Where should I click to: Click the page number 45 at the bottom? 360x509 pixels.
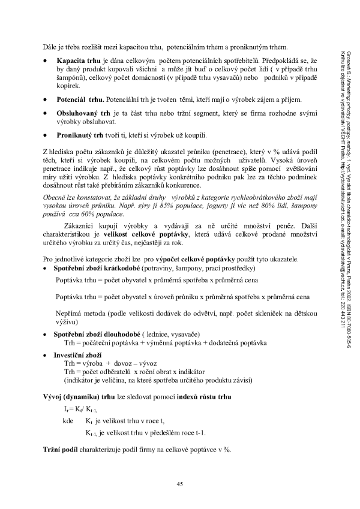pyautogui.click(x=179, y=484)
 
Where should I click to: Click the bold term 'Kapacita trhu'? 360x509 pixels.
pyautogui.click(x=77, y=61)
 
